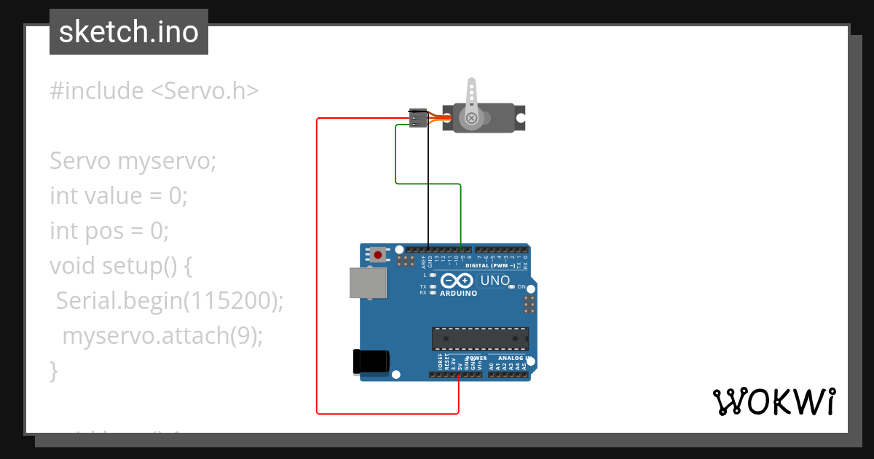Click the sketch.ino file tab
click(129, 32)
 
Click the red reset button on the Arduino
click(378, 255)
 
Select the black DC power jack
click(371, 361)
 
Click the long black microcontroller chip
click(480, 339)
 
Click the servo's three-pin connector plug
click(418, 118)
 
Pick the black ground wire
click(428, 189)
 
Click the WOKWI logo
click(773, 401)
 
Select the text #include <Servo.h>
click(154, 91)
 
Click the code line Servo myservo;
click(133, 161)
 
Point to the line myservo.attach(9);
click(162, 336)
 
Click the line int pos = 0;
click(109, 231)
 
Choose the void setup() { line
click(121, 266)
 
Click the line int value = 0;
click(119, 196)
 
